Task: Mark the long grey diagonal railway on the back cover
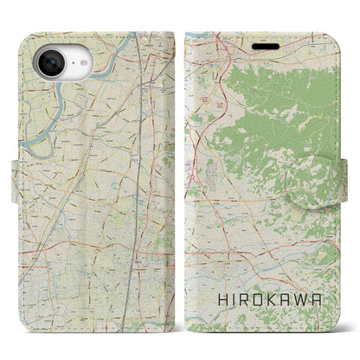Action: [x=130, y=216]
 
